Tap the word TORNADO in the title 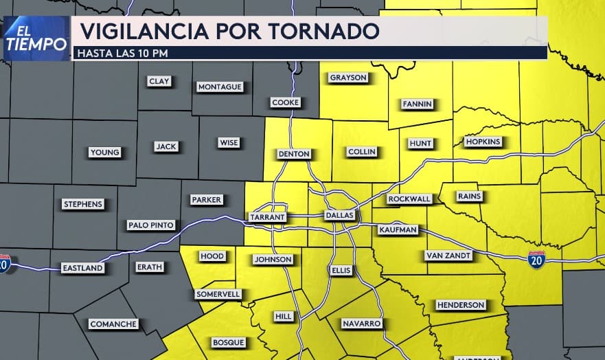coord(326,31)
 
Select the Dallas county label coord(339,216)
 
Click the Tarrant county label coord(268,216)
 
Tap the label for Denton coord(294,154)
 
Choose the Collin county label coord(362,152)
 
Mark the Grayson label coord(348,78)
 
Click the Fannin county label coord(417,104)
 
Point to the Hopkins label coord(483,142)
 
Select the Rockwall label coord(409,199)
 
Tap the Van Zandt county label coord(448,256)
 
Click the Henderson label coord(460,304)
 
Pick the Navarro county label coord(363,323)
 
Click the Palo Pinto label coord(151,225)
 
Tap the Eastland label coord(82,267)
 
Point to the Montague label coord(220,87)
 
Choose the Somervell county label coord(218,294)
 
